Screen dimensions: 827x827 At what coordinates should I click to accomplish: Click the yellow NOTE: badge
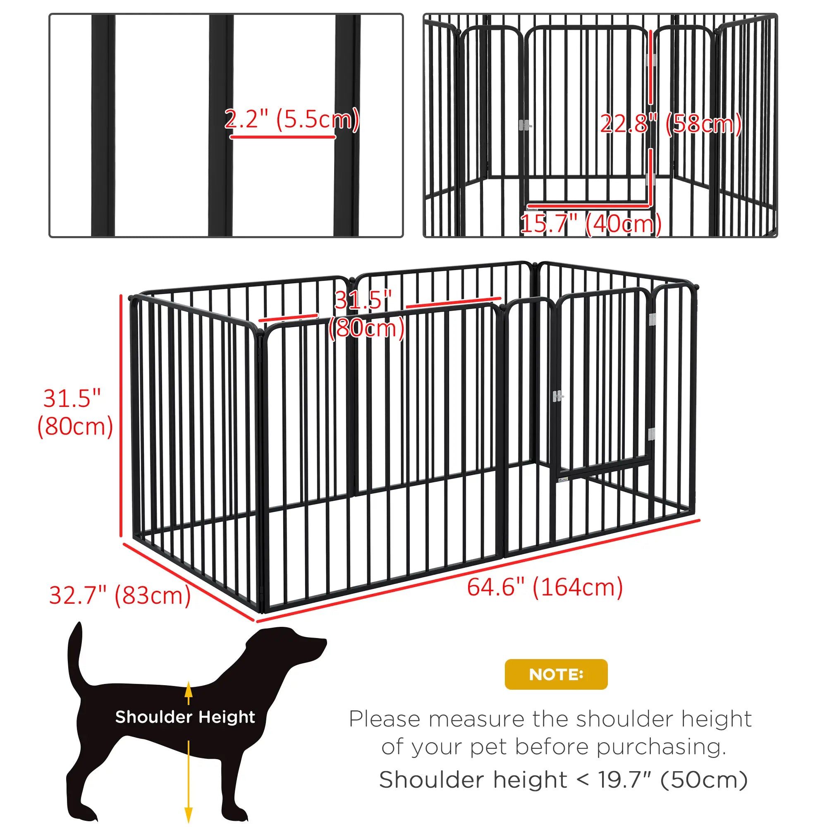point(556,674)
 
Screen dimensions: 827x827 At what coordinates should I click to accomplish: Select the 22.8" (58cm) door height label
point(670,124)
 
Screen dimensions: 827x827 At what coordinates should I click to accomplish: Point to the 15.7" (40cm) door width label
point(591,223)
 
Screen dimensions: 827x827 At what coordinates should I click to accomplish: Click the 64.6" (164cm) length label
point(545,587)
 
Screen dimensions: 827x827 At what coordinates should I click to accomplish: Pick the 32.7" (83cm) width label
point(120,595)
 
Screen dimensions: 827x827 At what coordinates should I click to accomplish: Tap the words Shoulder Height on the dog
point(185,717)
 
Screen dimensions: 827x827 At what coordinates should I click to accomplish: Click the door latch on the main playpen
point(558,396)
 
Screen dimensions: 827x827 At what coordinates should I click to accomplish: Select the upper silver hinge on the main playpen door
point(652,319)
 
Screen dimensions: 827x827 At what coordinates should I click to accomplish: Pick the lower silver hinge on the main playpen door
point(651,434)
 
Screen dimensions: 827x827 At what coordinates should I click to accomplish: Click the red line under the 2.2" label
point(282,137)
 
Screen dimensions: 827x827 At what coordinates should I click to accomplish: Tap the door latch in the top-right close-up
point(524,125)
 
